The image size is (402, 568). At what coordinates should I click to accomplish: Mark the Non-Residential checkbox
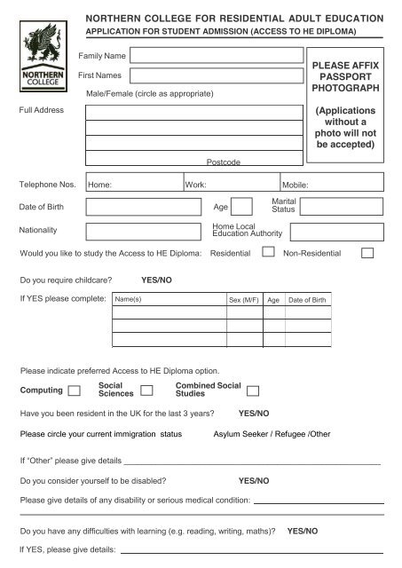(x=367, y=254)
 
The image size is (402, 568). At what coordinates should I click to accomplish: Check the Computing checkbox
(x=75, y=390)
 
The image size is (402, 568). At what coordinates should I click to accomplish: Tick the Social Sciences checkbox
(x=147, y=390)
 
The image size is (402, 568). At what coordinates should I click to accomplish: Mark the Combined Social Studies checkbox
(x=254, y=390)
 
